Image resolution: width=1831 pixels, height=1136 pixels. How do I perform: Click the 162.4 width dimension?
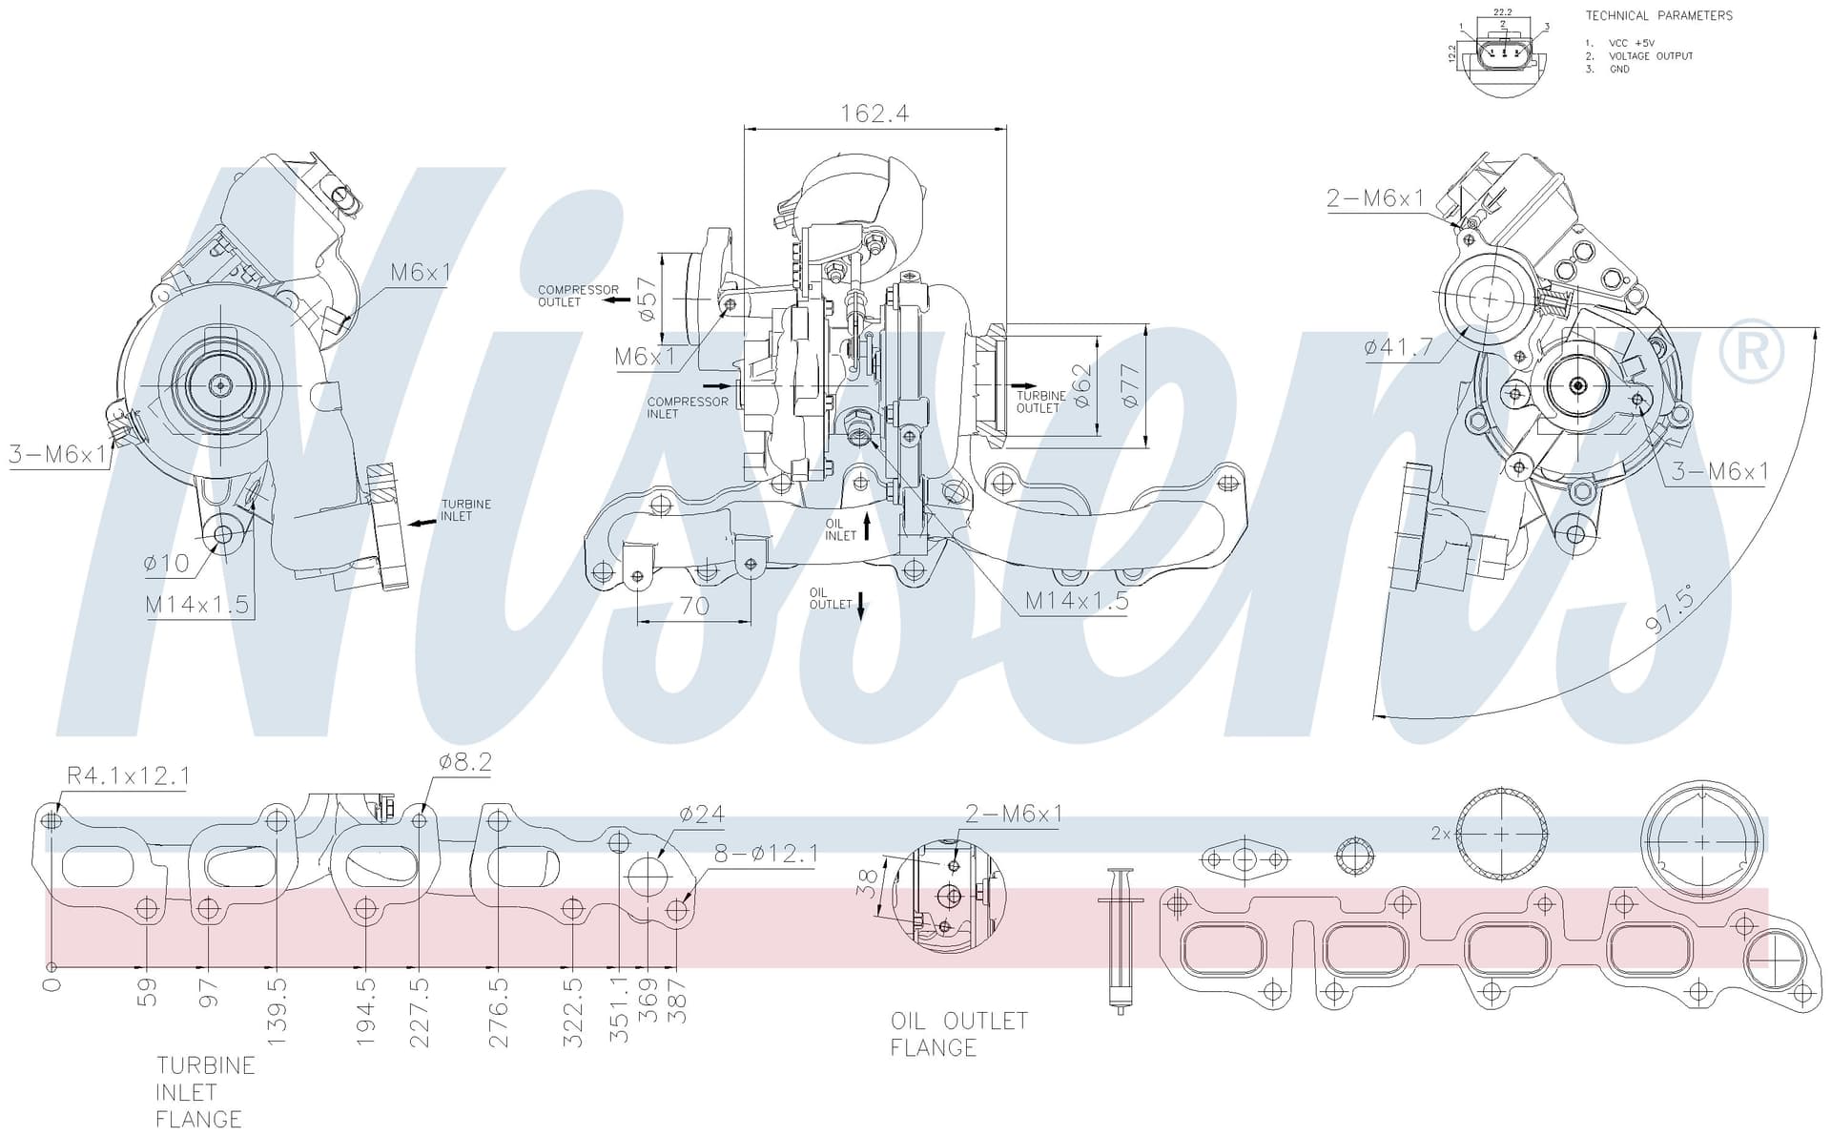pyautogui.click(x=874, y=114)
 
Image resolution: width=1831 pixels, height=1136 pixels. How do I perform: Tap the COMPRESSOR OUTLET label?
pyautogui.click(x=578, y=296)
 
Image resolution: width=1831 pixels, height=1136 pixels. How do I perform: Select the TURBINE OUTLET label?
pyautogui.click(x=1040, y=402)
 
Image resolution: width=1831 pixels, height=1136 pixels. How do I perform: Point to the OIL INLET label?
pyautogui.click(x=840, y=529)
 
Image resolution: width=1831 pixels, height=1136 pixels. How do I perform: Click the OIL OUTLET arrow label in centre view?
pyautogui.click(x=831, y=598)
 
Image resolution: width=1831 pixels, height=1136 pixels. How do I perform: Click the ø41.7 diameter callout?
pyautogui.click(x=1398, y=347)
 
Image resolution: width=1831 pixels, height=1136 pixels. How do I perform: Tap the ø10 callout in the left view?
pyautogui.click(x=167, y=563)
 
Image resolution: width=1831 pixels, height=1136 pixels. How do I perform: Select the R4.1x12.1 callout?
pyautogui.click(x=128, y=776)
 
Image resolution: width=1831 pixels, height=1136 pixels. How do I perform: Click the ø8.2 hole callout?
pyautogui.click(x=465, y=762)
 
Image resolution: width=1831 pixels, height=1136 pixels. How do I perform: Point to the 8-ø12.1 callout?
pyautogui.click(x=766, y=854)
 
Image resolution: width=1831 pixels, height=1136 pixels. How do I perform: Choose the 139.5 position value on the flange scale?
pyautogui.click(x=276, y=1011)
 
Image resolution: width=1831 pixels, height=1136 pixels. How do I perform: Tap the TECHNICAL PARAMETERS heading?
pyautogui.click(x=1658, y=15)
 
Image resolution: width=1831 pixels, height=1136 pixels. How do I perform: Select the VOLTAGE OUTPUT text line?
pyautogui.click(x=1651, y=56)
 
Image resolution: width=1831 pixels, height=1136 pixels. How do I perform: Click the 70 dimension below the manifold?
pyautogui.click(x=694, y=607)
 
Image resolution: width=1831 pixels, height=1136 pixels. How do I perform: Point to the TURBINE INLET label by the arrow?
pyautogui.click(x=465, y=510)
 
